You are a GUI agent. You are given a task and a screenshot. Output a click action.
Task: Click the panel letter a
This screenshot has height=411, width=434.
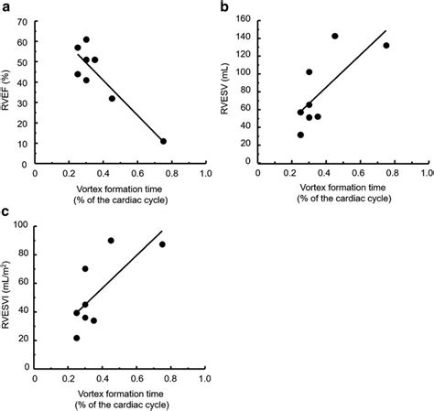coord(5,7)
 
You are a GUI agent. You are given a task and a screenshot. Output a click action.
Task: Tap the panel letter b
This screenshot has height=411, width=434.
coord(224,6)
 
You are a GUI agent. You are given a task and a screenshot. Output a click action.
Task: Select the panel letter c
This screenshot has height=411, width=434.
coord(5,211)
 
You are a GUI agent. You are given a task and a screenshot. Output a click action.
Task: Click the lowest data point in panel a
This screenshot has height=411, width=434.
coord(163,141)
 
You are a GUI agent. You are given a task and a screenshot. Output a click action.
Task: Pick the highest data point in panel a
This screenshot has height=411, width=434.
coord(86,39)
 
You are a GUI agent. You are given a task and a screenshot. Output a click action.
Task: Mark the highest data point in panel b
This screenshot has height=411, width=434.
coord(335,36)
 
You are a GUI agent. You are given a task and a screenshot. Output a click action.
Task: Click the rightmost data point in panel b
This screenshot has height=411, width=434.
coord(386,46)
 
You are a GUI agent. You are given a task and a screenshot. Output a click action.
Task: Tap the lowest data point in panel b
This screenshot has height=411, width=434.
coord(300,135)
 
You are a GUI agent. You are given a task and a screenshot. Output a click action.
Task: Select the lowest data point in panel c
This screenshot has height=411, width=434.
coord(77,338)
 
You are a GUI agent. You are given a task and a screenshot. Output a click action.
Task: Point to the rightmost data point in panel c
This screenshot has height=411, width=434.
coord(162,244)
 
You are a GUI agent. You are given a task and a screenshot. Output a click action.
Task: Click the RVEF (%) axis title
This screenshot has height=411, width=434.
coord(5,90)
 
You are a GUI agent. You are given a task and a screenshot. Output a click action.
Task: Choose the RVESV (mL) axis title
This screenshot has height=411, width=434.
coord(224,89)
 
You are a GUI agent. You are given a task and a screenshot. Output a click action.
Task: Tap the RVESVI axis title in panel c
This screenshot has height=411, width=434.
coord(5,295)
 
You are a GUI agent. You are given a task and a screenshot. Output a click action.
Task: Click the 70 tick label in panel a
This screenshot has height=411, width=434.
coord(22,22)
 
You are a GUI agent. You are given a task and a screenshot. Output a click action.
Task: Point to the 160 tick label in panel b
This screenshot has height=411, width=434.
coord(244,19)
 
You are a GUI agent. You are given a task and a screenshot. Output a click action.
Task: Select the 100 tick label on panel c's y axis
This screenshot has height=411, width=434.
coord(21,225)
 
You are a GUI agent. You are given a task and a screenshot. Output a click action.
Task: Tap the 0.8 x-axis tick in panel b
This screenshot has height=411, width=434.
coord(392,173)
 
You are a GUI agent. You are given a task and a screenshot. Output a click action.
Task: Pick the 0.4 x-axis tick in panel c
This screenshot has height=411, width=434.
coord(103,379)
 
